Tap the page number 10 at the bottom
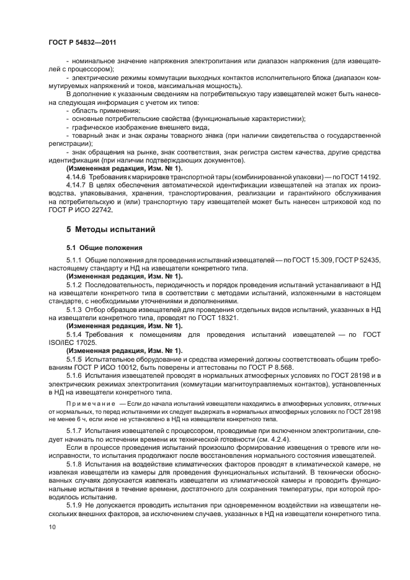click(x=52, y=527)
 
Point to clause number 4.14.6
click(x=77, y=177)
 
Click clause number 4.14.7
click(x=77, y=185)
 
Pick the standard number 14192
click(x=369, y=177)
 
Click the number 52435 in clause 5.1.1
click(x=368, y=261)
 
